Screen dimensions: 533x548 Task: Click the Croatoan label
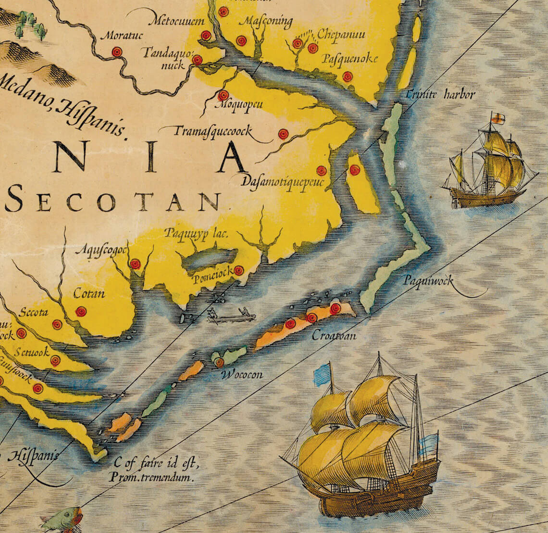pyautogui.click(x=334, y=336)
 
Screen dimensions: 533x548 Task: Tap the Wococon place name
pyautogui.click(x=242, y=374)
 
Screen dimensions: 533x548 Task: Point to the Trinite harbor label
pyautogui.click(x=440, y=94)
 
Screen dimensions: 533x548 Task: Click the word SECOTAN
pyautogui.click(x=113, y=202)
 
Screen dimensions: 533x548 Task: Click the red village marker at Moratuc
pyautogui.click(x=116, y=52)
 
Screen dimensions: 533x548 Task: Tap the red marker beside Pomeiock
pyautogui.click(x=238, y=271)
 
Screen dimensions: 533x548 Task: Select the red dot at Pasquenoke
pyautogui.click(x=347, y=76)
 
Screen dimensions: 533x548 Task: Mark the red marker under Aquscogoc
pyautogui.click(x=135, y=264)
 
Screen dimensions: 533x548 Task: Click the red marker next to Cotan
pyautogui.click(x=81, y=311)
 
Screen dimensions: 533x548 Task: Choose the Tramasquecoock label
pyautogui.click(x=212, y=131)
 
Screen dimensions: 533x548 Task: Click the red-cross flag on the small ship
pyautogui.click(x=498, y=118)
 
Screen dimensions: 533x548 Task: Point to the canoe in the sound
pyautogui.click(x=231, y=316)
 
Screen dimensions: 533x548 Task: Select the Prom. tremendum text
pyautogui.click(x=151, y=478)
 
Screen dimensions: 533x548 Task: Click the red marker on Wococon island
pyautogui.click(x=219, y=362)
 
